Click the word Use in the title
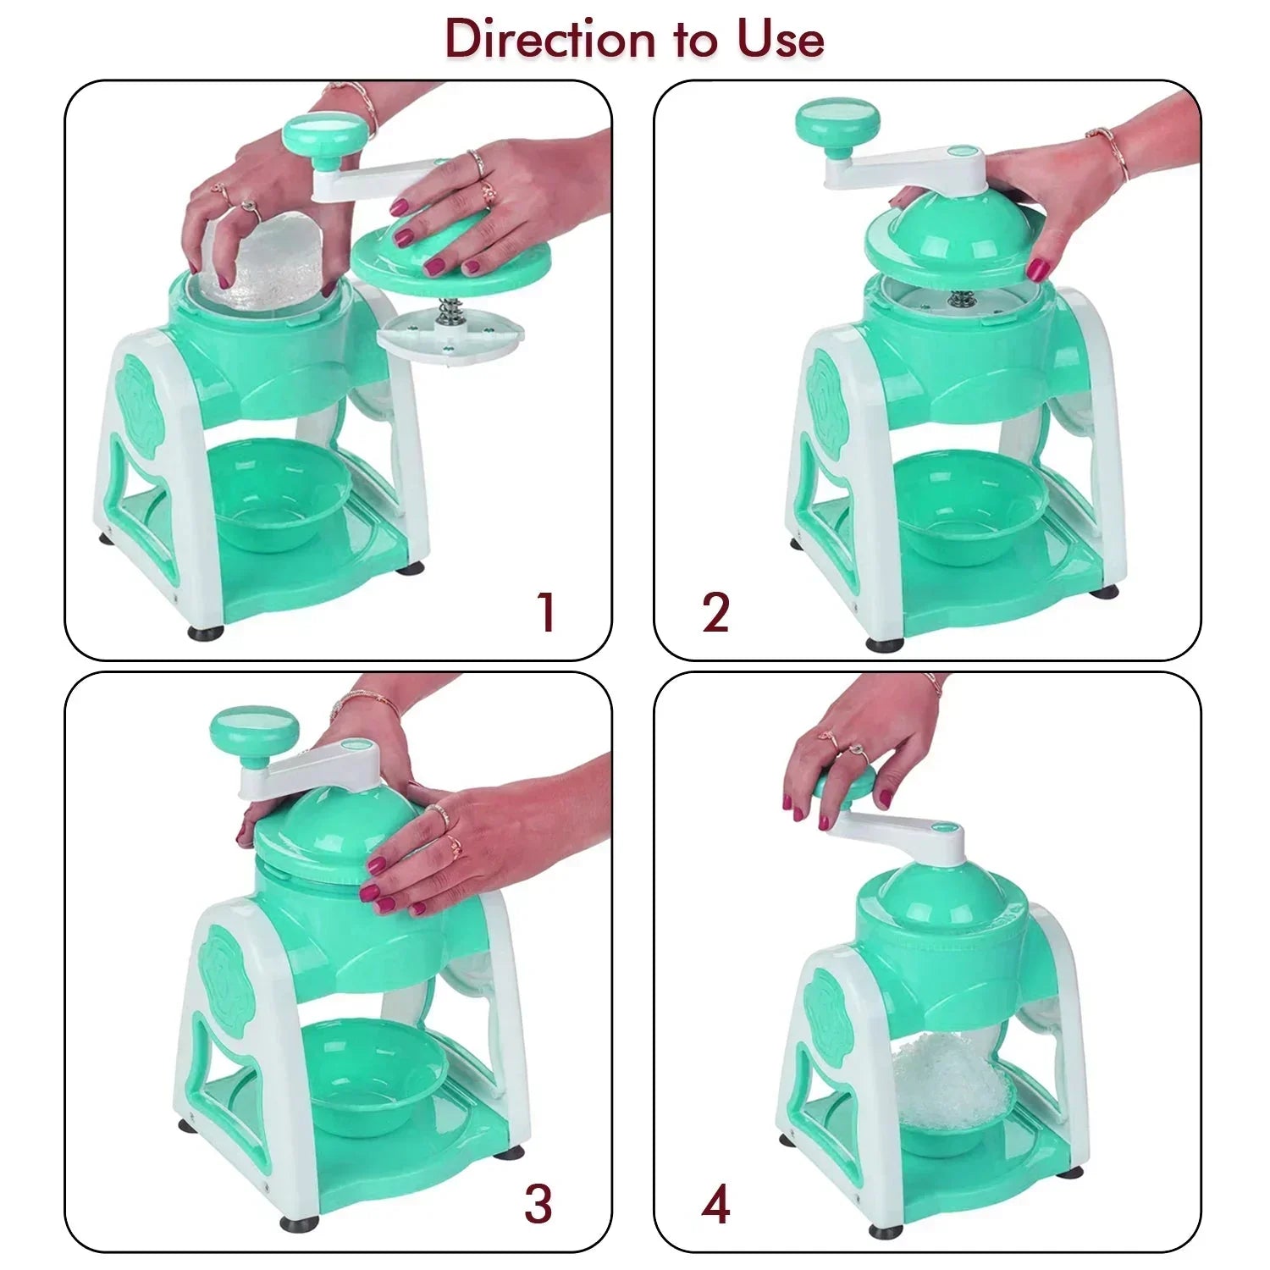coord(780,41)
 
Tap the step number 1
coord(546,612)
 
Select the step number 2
coord(715,612)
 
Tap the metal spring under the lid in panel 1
coord(449,312)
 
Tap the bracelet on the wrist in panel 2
coord(1109,151)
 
